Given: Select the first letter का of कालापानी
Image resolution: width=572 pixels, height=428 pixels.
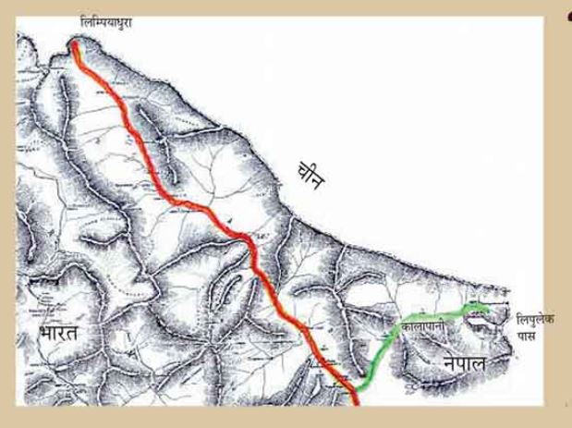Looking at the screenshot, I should [406, 326].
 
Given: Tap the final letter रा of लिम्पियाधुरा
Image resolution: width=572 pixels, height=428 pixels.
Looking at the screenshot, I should [129, 20].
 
